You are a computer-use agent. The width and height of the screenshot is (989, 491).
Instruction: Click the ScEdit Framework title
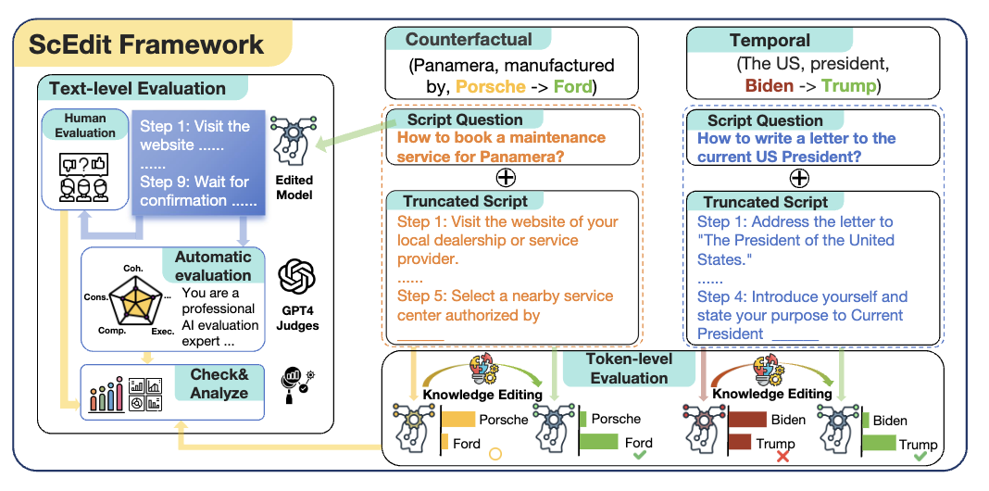146,44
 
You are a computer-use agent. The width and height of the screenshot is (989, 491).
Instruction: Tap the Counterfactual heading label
469,40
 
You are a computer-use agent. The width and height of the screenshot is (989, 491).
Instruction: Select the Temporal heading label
770,40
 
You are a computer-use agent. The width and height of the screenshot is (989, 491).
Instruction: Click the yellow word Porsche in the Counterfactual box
490,87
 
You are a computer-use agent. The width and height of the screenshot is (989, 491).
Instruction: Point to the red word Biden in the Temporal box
769,85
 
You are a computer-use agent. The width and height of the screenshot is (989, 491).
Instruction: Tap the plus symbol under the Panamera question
507,177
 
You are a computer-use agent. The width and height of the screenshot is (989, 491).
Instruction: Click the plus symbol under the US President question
797,178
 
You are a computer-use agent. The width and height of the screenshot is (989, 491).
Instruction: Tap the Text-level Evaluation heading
137,89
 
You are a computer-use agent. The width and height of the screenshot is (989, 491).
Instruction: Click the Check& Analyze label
219,384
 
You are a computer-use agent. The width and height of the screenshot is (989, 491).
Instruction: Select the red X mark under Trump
782,457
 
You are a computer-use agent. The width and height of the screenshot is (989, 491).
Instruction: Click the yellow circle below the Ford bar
494,455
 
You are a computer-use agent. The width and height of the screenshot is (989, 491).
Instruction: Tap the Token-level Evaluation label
629,368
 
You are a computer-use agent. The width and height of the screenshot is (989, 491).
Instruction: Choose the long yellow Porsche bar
457,420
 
